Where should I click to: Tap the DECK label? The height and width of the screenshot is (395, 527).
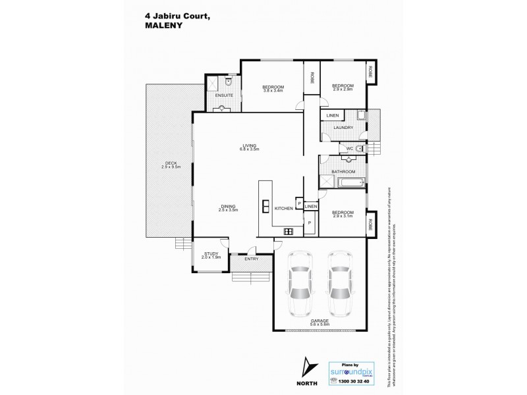click(x=171, y=165)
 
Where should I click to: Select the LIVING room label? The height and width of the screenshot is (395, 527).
click(x=249, y=145)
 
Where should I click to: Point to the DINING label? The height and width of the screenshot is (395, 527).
click(x=228, y=206)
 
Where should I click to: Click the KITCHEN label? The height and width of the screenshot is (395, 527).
click(x=283, y=208)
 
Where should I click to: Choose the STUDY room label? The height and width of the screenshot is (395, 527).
click(x=211, y=253)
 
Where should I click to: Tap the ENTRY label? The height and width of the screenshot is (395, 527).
click(x=252, y=259)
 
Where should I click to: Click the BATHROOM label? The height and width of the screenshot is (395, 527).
click(x=343, y=172)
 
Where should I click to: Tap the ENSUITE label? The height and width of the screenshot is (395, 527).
click(x=225, y=95)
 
